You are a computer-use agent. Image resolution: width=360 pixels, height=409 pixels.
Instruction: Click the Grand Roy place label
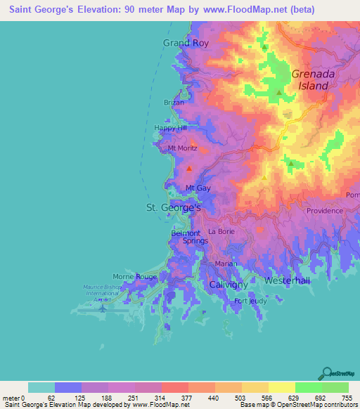pyautogui.click(x=186, y=43)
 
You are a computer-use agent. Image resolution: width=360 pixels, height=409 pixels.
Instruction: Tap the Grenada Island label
pyautogui.click(x=310, y=79)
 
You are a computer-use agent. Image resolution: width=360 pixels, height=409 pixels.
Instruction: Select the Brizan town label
pyautogui.click(x=174, y=103)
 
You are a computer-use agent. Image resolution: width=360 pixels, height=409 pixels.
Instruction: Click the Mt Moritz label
pyautogui.click(x=182, y=149)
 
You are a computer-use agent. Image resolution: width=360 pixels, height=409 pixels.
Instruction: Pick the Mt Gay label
pyautogui.click(x=198, y=188)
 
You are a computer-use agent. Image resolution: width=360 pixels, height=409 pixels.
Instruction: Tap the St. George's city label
pyautogui.click(x=173, y=208)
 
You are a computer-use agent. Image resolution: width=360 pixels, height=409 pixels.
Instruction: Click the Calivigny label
pyautogui.click(x=229, y=284)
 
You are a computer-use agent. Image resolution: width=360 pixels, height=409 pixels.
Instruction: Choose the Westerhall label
pyautogui.click(x=287, y=280)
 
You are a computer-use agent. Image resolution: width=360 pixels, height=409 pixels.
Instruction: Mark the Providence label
pyautogui.click(x=323, y=211)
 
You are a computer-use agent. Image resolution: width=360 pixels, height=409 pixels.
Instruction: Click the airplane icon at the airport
pyautogui.click(x=103, y=307)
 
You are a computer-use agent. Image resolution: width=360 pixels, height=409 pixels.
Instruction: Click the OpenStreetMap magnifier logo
pyautogui.click(x=327, y=372)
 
